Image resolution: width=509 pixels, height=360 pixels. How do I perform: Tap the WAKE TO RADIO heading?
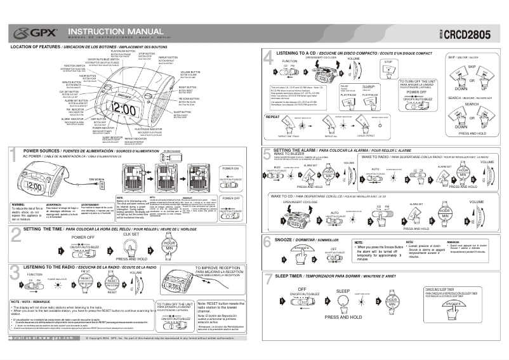[375, 156]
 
